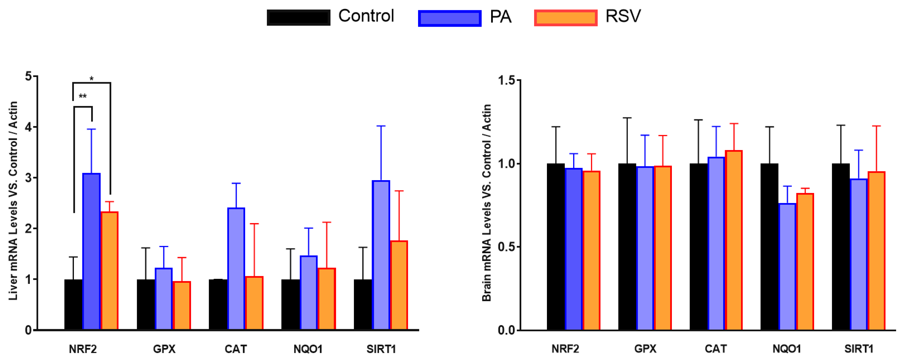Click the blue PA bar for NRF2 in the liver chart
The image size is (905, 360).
point(91,251)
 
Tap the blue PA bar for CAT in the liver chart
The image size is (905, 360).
point(236,269)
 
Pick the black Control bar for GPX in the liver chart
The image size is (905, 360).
point(145,304)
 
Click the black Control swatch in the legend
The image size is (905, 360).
point(298,18)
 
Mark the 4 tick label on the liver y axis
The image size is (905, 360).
point(28,127)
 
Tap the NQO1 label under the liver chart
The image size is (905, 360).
point(308,349)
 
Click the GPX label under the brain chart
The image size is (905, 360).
point(645,349)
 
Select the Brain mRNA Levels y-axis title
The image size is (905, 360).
point(487,203)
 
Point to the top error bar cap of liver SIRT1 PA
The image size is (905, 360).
point(381,126)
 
